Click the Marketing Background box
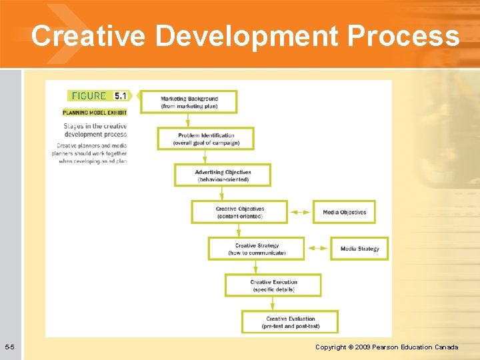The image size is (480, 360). (189, 102)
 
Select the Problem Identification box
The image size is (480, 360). (206, 139)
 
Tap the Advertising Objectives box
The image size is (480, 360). (223, 175)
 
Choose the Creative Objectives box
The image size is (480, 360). (239, 212)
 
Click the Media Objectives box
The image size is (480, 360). (344, 212)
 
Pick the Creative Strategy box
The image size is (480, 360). (257, 249)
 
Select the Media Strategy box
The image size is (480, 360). (359, 249)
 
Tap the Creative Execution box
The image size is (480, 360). (273, 285)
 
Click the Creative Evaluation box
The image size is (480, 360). (290, 322)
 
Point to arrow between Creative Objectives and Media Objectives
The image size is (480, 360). (301, 212)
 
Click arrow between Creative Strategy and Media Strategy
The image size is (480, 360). (318, 249)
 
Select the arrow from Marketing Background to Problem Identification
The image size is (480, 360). (188, 121)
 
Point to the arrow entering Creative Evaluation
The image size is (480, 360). (272, 304)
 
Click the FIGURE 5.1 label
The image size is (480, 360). (97, 95)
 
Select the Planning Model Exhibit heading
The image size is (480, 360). (95, 113)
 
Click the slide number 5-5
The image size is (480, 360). (10, 347)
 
